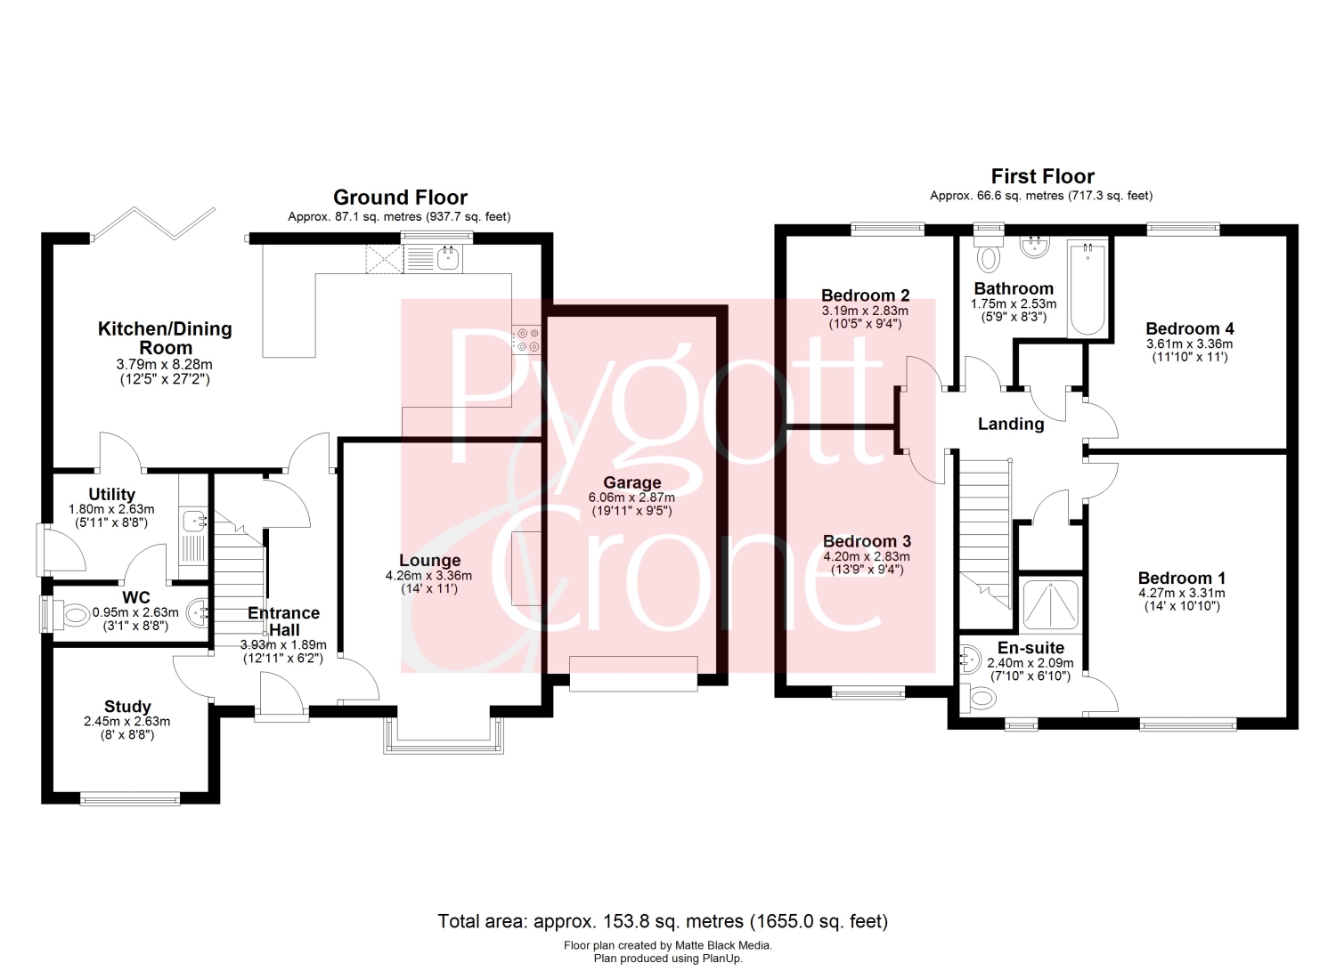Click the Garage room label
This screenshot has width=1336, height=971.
[631, 482]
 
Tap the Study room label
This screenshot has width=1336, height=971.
[127, 707]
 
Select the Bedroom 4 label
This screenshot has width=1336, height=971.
[1189, 328]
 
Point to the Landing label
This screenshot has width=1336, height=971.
[1011, 424]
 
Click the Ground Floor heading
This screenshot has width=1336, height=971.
[400, 198]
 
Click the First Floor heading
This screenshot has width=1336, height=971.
[1043, 176]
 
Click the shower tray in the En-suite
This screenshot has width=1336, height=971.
[1050, 605]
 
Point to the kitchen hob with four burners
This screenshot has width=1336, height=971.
[528, 340]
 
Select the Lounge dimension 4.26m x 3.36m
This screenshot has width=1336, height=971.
[428, 576]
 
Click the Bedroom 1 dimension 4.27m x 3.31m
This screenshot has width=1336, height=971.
[1182, 593]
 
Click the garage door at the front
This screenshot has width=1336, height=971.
[633, 674]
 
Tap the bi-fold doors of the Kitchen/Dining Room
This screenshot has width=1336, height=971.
[153, 223]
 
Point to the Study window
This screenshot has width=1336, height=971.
[130, 798]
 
